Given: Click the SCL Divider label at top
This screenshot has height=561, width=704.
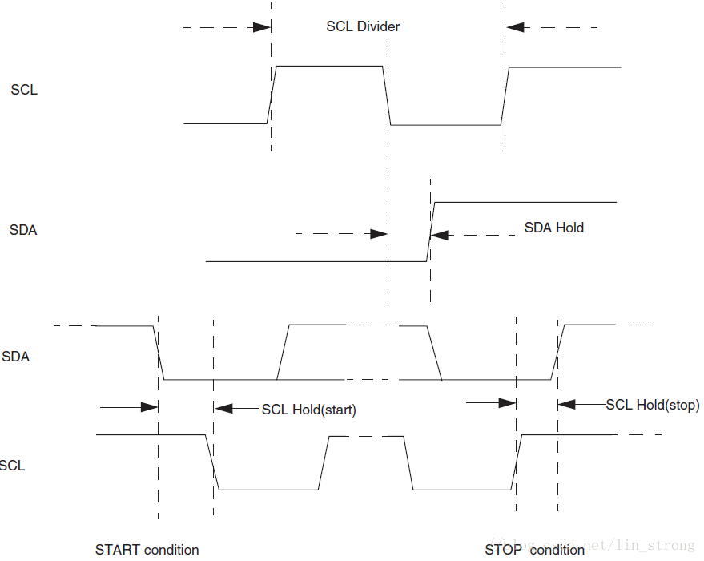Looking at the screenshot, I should click(x=363, y=26).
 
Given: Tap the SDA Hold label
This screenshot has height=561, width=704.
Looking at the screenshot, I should click(x=553, y=228).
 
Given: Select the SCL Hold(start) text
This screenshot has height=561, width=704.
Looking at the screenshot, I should click(x=308, y=410).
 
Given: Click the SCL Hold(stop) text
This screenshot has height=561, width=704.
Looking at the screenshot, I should click(x=652, y=405).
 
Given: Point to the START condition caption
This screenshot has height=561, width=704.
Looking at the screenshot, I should click(x=147, y=549).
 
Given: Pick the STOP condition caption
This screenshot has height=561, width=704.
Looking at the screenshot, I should click(x=534, y=549).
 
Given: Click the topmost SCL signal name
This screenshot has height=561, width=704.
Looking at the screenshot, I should click(x=24, y=90).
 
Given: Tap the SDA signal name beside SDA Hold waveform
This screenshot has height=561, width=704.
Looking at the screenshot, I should click(x=23, y=230).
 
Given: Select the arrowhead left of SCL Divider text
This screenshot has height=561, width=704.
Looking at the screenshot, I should click(x=261, y=27).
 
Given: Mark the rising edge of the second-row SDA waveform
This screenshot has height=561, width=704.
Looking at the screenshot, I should click(x=430, y=232).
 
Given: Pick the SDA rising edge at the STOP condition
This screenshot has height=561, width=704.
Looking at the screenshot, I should click(x=557, y=352).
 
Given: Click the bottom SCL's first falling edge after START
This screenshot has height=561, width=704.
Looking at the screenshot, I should click(x=212, y=462).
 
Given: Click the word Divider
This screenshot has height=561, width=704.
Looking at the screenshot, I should click(x=377, y=26).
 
